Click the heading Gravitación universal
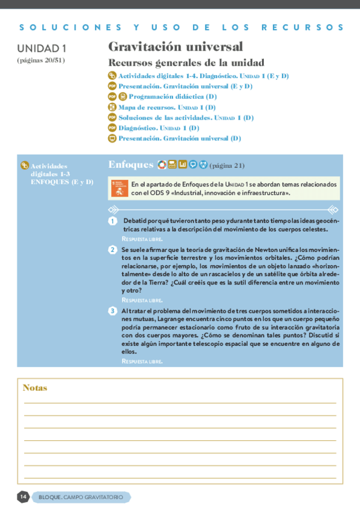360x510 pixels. [175, 47]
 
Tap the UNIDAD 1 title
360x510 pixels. [41, 48]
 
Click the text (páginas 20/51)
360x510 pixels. [41, 60]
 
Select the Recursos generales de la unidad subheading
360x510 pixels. [186, 63]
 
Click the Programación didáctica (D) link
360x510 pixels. [172, 96]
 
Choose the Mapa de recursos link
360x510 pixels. [166, 107]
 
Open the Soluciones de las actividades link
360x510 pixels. [185, 117]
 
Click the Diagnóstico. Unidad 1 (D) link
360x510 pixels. [158, 127]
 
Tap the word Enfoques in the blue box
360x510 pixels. [131, 165]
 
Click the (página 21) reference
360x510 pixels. [227, 166]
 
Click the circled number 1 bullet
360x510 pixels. [112, 222]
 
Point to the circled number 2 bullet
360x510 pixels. [112, 250]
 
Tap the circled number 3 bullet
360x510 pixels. [112, 311]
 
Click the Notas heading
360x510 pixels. [35, 388]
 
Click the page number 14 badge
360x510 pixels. [23, 497]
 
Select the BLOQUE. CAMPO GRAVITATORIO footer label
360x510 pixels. [81, 497]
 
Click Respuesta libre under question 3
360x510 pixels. [142, 361]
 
